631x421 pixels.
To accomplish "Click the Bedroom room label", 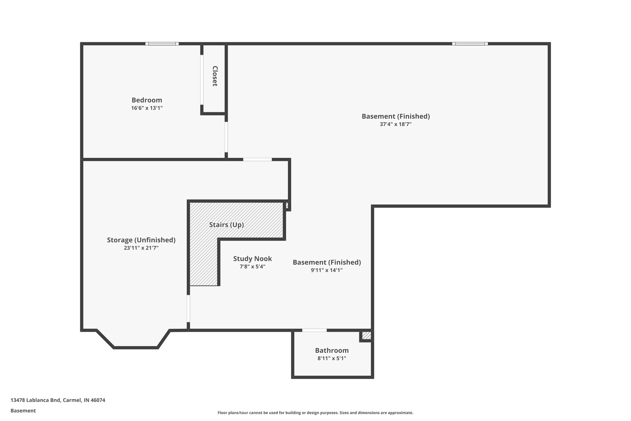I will (147, 100).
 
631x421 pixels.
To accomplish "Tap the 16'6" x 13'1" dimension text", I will (147, 108).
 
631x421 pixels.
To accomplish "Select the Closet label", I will (215, 76).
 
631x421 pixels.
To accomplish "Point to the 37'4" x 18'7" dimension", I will (396, 124).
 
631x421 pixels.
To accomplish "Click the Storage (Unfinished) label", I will (141, 240).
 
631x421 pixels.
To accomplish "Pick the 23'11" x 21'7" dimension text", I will (141, 248).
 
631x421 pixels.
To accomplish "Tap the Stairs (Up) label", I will (226, 225).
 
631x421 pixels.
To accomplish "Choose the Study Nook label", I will (252, 259).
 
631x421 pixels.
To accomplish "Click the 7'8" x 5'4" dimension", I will (252, 267).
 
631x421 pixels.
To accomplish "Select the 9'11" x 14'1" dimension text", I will (327, 270).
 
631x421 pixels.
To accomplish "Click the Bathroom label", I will (332, 350).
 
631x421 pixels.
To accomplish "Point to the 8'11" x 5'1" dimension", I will (332, 358).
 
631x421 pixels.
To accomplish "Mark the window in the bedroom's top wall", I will (162, 44).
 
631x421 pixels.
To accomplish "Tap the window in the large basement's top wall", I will (470, 44).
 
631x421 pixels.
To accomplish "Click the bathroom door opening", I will (314, 330).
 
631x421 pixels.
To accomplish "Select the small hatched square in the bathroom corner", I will (366, 335).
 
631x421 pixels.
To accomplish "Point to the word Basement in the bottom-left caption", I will (23, 411).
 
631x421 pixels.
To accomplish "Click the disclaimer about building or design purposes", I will (315, 413).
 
